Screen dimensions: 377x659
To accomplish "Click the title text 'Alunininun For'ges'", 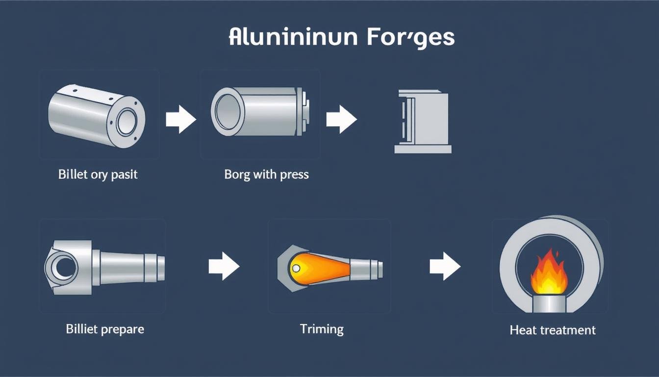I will (341, 38).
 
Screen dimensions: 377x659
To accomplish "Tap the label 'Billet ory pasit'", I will (98, 174).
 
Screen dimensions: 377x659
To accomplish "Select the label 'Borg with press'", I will (266, 174).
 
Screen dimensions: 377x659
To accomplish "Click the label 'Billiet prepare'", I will (105, 328).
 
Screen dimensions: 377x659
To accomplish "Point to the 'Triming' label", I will (322, 328).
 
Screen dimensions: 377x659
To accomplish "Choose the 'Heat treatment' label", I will (553, 330).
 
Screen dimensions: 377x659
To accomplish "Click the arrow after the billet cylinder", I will (180, 119).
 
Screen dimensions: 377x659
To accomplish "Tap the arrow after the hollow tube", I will (341, 119).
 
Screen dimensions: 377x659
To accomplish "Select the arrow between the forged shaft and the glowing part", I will (224, 267).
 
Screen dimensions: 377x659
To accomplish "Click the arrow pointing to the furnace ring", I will (445, 267).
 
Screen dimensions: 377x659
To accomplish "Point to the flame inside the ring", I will (549, 274).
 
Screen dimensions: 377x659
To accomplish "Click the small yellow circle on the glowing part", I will (295, 268).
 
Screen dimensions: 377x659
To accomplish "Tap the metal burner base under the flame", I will (549, 302).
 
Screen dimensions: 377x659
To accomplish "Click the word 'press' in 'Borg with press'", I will (294, 174).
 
